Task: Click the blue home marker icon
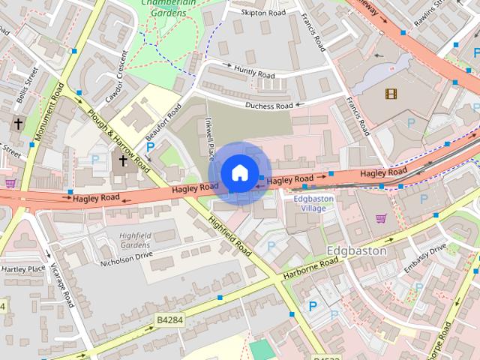pos(239,173)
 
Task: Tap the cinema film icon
pos(390,94)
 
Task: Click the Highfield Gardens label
pos(135,240)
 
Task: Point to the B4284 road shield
pos(169,320)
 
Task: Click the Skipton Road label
pos(263,13)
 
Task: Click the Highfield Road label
pos(229,234)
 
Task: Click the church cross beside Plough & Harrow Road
pos(123,160)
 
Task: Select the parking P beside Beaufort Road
pos(150,148)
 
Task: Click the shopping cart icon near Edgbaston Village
pos(380,219)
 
